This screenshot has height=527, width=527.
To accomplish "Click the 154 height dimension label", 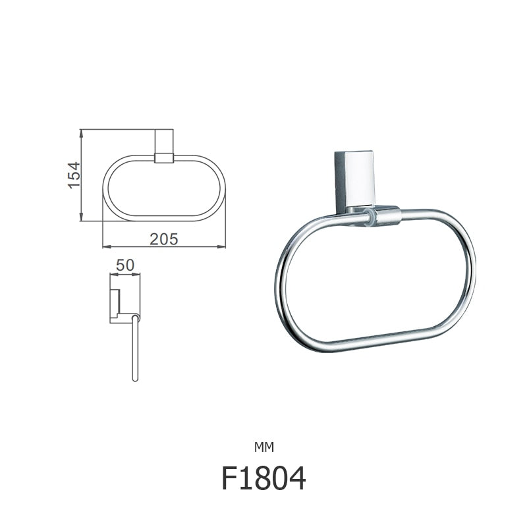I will (x=74, y=175).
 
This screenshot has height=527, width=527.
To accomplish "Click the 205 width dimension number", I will (x=163, y=239).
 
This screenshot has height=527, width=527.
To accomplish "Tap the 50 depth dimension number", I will (x=125, y=265).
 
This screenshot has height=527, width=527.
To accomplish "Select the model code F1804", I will (x=263, y=478).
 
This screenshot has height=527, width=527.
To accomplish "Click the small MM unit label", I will (x=263, y=447).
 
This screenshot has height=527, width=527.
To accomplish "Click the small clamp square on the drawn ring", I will (x=163, y=158).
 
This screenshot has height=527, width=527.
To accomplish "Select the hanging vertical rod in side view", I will (x=135, y=349).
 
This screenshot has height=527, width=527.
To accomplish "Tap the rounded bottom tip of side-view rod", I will (x=135, y=380).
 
